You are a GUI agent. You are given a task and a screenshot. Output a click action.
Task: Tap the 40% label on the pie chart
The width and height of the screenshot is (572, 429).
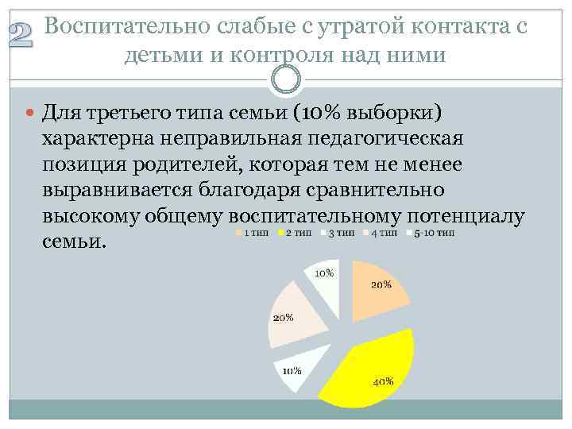383,381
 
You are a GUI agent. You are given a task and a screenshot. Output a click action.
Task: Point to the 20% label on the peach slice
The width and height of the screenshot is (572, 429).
381,284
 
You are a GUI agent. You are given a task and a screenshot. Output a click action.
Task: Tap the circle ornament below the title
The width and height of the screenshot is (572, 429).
286,78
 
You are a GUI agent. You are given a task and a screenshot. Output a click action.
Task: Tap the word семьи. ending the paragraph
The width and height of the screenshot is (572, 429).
74,242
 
